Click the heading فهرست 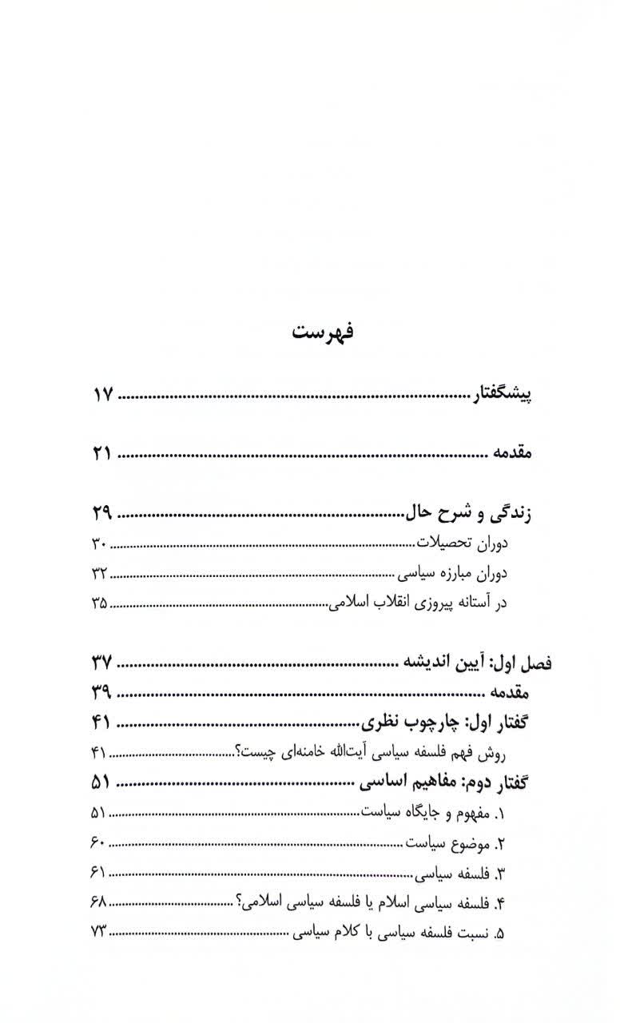coord(324,332)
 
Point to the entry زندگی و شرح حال coord(465,513)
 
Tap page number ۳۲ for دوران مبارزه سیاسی coord(98,573)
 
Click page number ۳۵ coord(98,603)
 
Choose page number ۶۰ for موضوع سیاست coord(98,843)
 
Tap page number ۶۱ coord(98,874)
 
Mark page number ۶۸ coord(98,903)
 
